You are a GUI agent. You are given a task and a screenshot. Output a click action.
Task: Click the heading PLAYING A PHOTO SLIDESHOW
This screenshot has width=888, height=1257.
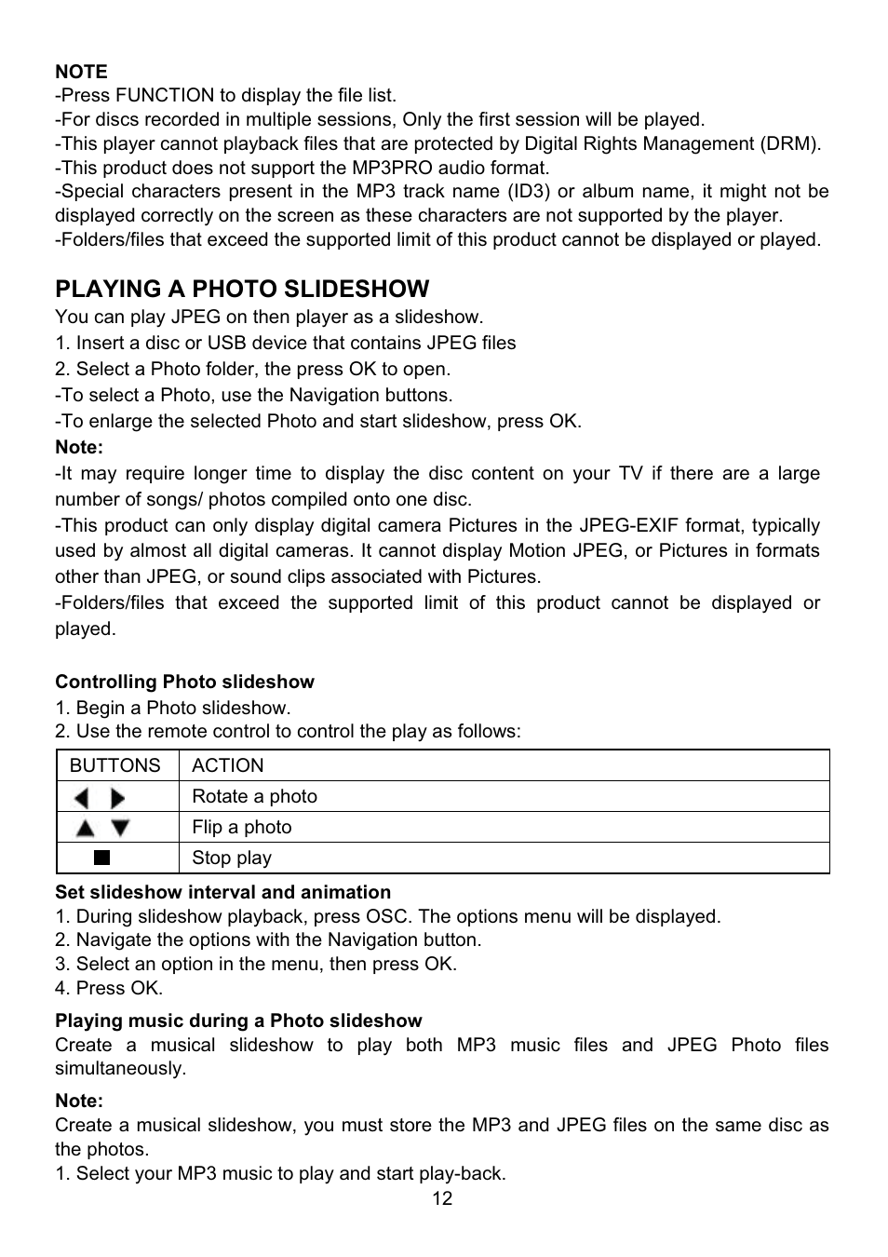(242, 289)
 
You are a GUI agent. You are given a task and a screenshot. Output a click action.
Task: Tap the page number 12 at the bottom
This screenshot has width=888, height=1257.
(442, 1198)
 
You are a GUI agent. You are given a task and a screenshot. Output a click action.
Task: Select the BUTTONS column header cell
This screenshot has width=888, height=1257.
(115, 765)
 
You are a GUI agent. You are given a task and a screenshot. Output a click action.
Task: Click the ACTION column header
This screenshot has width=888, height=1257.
(227, 765)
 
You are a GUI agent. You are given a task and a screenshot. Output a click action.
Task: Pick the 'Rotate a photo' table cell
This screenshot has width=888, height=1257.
(254, 796)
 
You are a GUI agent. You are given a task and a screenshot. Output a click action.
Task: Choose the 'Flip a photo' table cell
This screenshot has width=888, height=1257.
(241, 827)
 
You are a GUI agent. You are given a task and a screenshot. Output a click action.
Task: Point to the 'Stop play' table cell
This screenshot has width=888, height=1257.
(231, 858)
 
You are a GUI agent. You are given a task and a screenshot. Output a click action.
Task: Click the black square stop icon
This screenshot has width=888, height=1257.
(102, 858)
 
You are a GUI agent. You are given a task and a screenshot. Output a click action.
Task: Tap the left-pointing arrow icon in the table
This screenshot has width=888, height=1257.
(83, 798)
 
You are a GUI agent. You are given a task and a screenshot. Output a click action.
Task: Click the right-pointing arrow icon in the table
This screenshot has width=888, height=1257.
(117, 798)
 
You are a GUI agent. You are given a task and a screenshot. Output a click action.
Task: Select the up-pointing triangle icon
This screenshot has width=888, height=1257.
(86, 828)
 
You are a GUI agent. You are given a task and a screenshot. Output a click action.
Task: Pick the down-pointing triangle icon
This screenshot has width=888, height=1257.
(120, 828)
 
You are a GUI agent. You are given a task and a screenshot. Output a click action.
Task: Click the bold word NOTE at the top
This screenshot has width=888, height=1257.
(81, 72)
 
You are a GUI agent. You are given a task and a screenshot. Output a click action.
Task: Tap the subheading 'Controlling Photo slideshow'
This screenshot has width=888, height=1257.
(184, 682)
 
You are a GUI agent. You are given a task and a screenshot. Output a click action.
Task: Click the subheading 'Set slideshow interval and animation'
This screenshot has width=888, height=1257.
(222, 892)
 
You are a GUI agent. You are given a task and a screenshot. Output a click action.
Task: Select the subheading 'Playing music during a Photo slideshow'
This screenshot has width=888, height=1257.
(238, 1020)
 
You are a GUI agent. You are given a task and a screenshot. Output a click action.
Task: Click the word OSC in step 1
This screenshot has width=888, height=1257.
(386, 916)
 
